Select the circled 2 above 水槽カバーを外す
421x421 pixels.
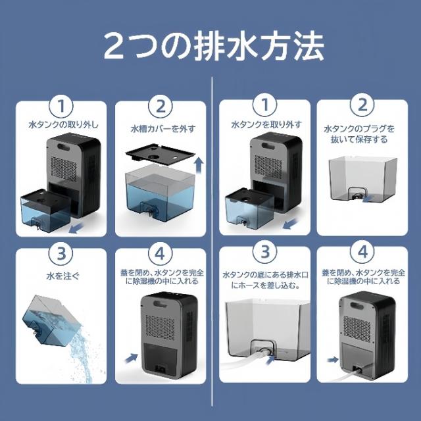[x=159, y=106]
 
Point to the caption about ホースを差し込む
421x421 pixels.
[x=262, y=280]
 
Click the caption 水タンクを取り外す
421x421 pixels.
[x=262, y=124]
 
